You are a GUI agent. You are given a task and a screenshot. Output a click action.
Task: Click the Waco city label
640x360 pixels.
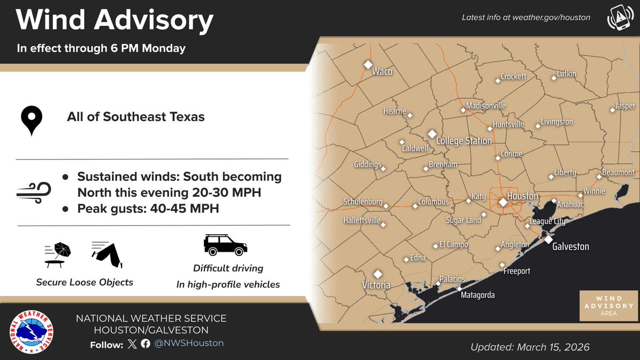[382, 71]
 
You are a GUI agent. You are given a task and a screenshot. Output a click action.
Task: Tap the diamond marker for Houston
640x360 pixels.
[503, 202]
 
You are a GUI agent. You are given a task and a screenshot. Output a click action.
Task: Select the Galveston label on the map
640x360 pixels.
[570, 246]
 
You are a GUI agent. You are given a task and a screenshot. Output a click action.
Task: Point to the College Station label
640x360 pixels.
[463, 141]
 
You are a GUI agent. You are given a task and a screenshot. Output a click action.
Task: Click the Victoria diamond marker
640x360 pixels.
[378, 274]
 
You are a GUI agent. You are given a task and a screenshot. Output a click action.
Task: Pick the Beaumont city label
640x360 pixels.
[618, 173]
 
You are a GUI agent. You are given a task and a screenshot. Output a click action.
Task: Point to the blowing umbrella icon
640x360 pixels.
[58, 254]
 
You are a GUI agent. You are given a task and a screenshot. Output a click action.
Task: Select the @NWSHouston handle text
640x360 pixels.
[189, 343]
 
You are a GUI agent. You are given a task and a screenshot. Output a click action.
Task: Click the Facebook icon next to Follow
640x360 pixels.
[146, 343]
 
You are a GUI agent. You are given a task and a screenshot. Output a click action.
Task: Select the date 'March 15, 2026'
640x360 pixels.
[553, 347]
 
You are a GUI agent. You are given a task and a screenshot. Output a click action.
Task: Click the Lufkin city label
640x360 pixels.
[566, 74]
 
